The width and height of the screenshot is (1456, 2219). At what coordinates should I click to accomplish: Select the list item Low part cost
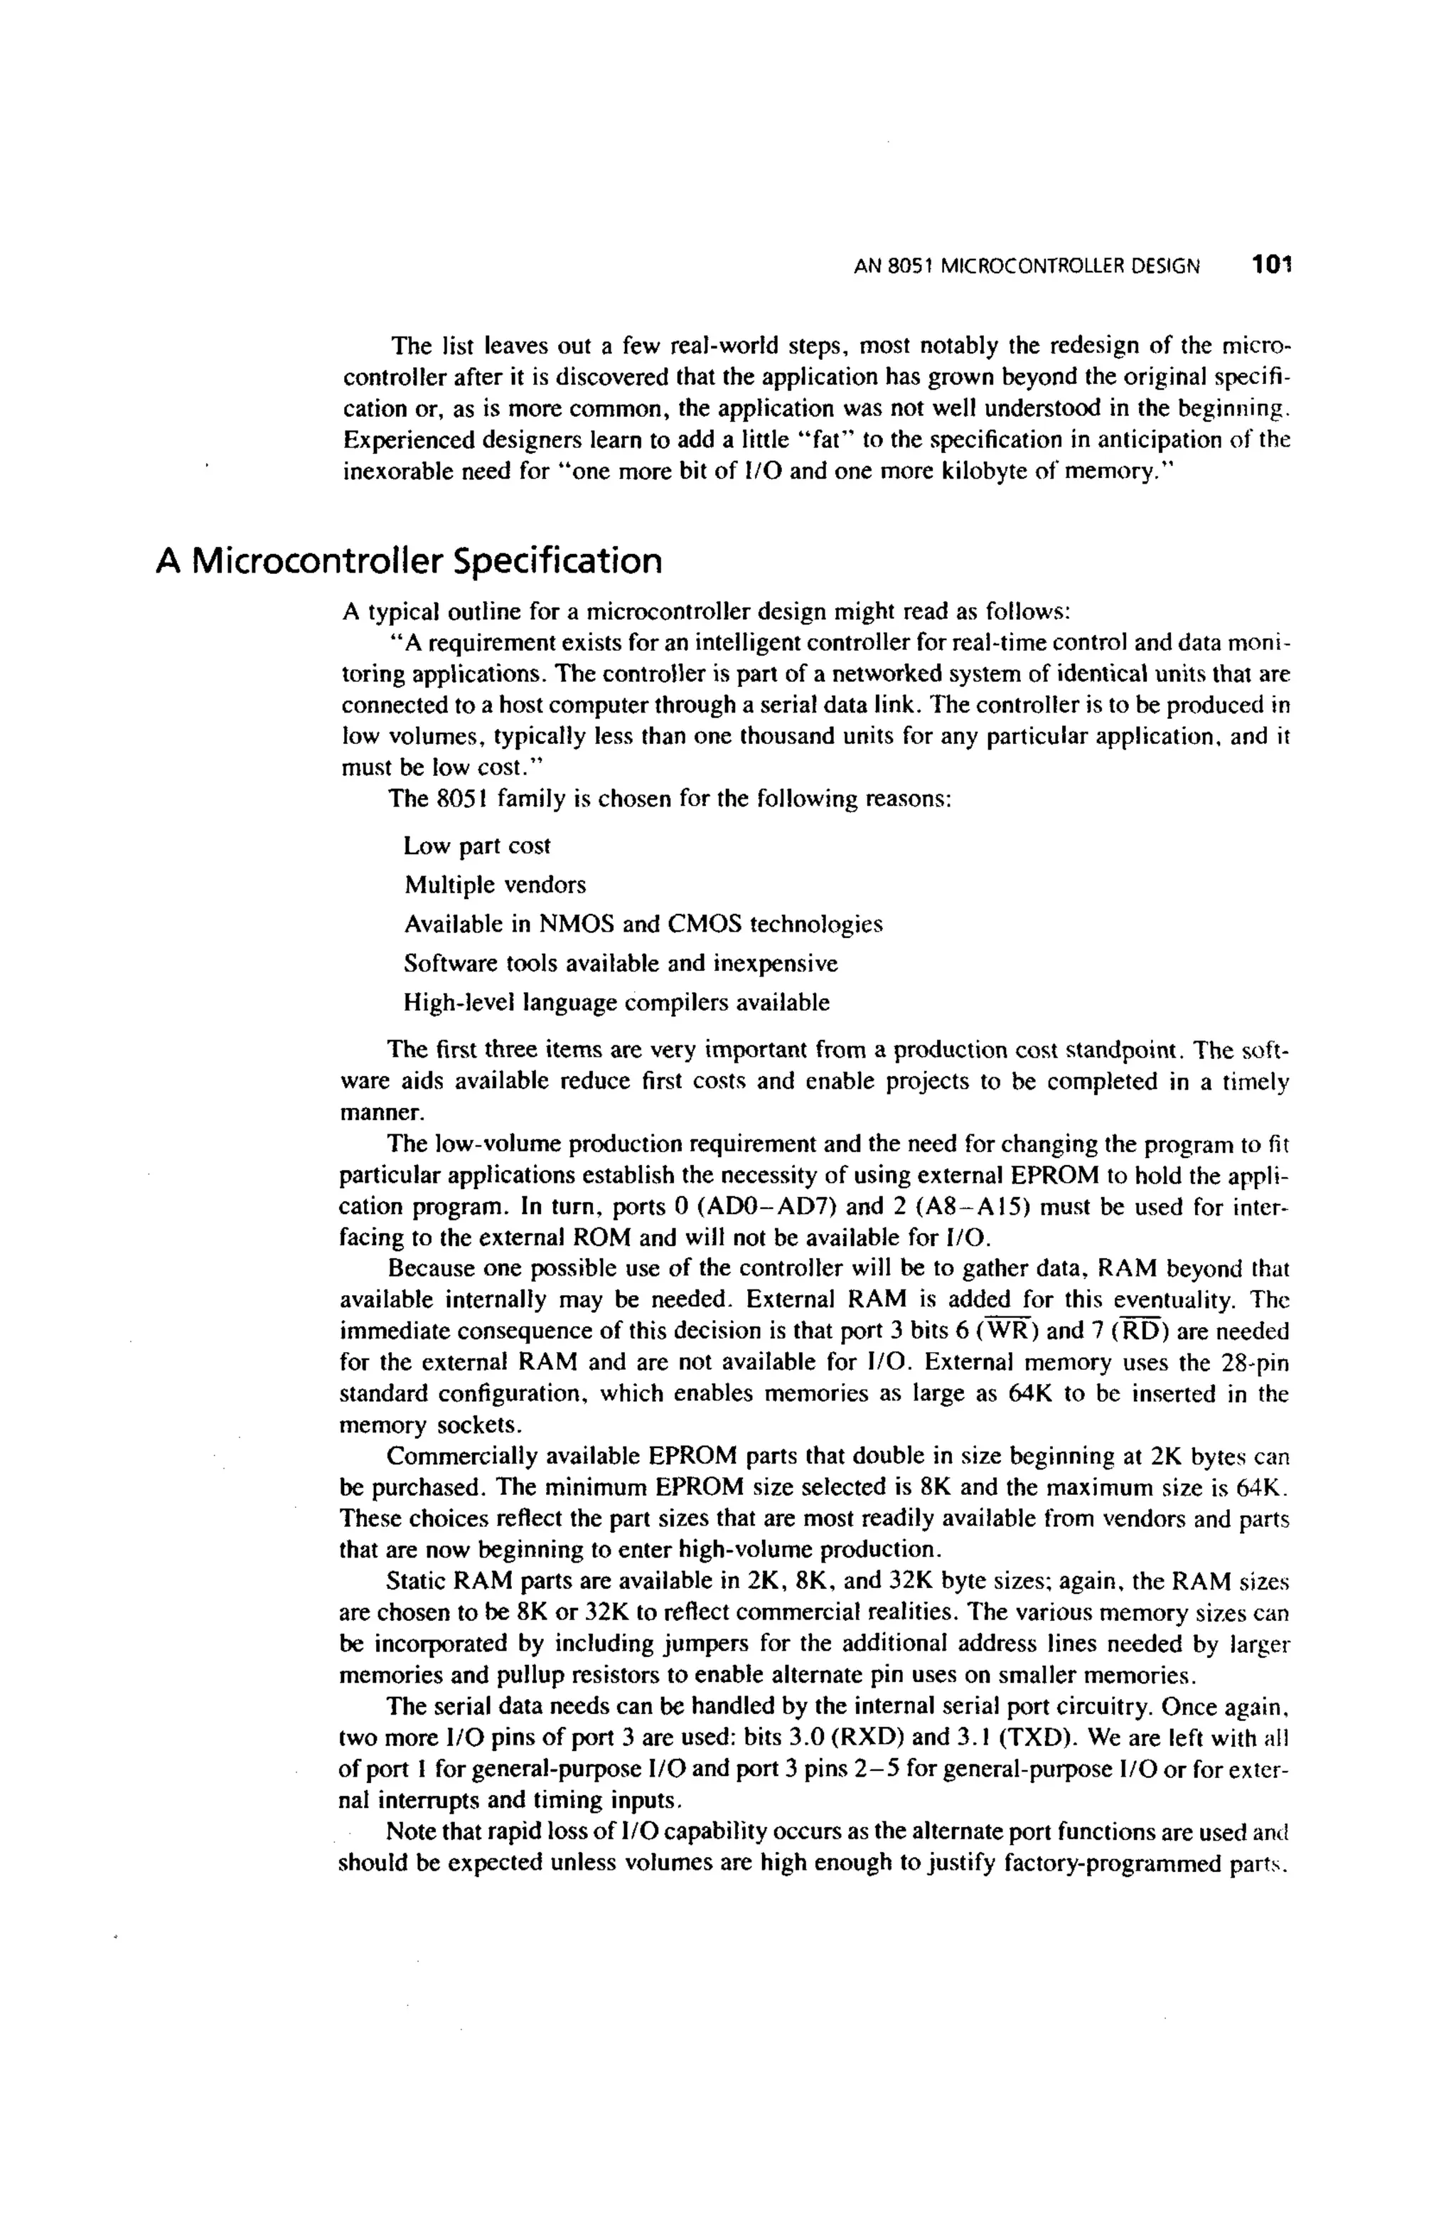click(476, 846)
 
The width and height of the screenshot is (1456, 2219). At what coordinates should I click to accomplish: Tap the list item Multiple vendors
click(495, 884)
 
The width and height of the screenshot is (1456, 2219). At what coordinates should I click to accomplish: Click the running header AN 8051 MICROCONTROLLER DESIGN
click(1027, 267)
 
